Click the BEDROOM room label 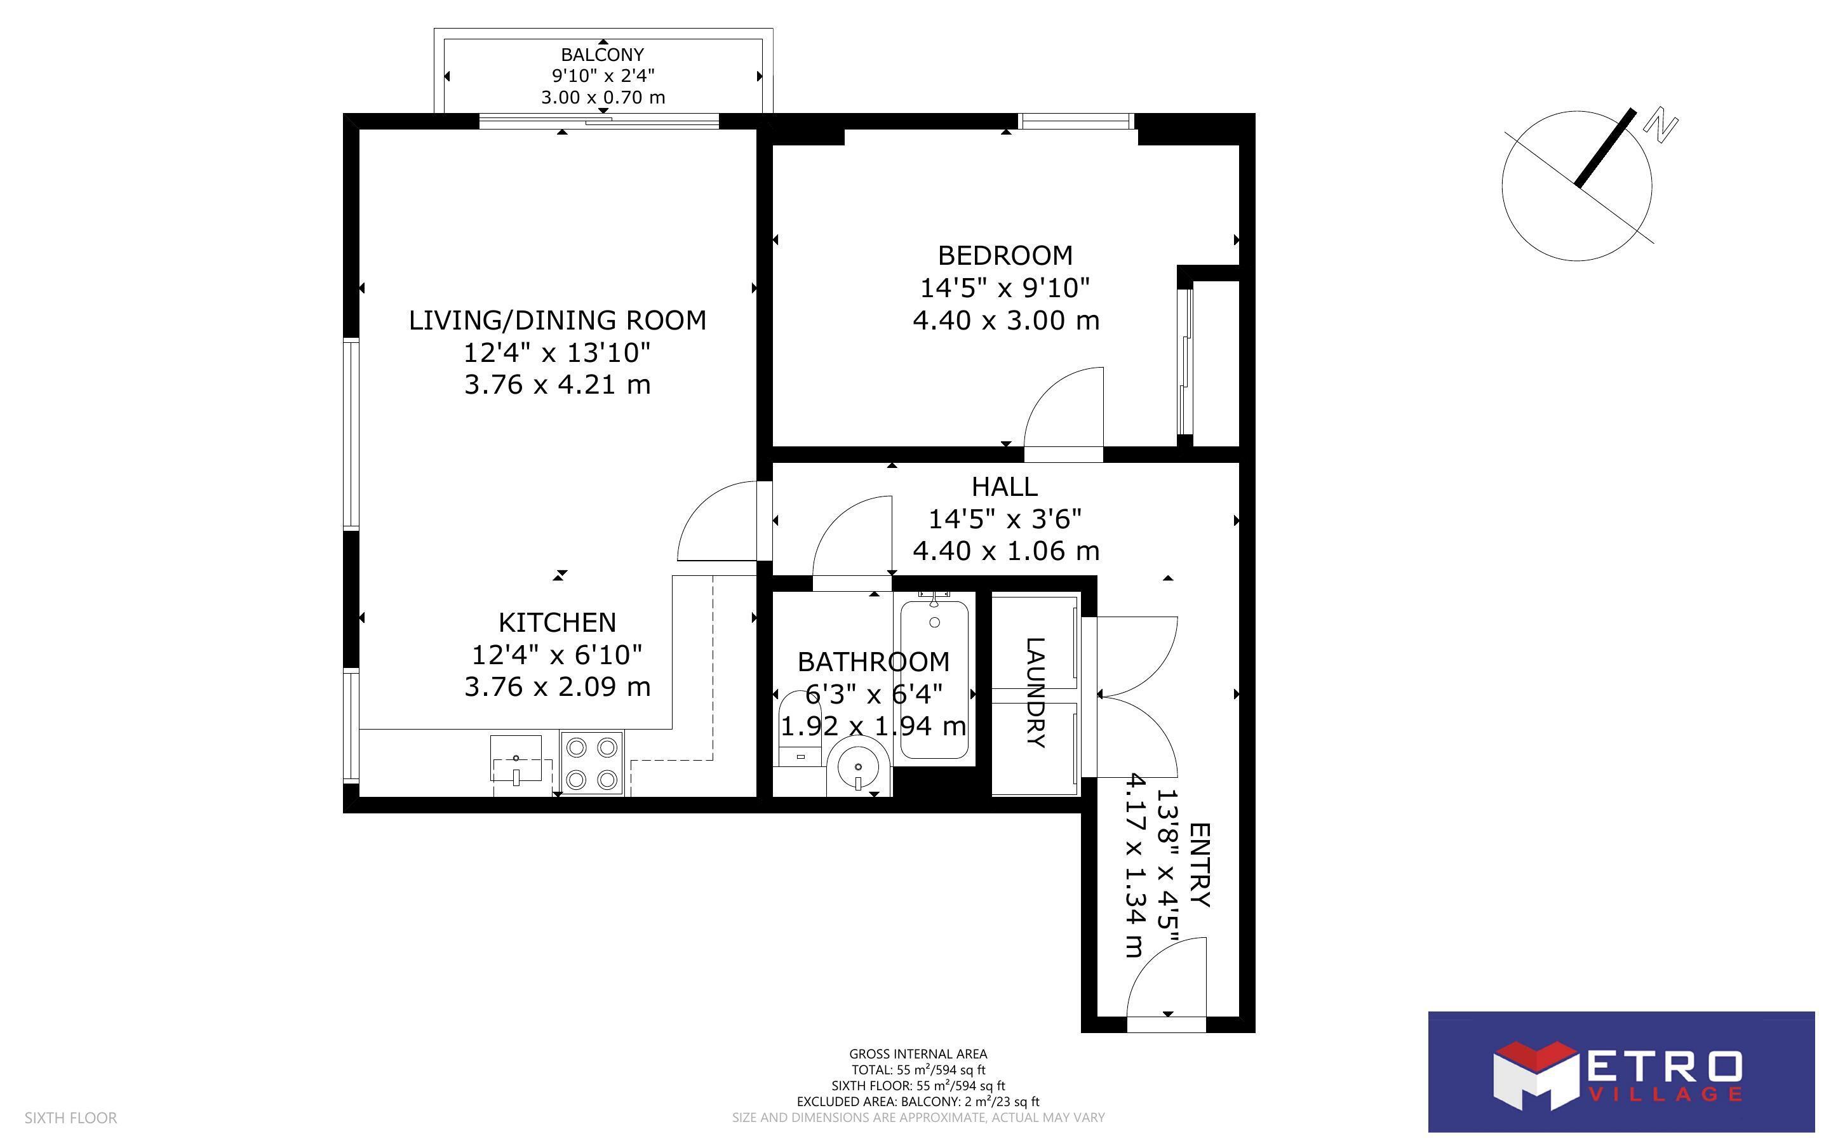1005,255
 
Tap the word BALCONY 602,55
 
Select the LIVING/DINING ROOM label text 557,321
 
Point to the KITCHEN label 557,623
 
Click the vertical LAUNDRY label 1035,693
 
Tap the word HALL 1004,486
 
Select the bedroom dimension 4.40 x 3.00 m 1005,321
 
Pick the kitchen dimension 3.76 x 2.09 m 557,687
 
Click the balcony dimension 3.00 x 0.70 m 603,97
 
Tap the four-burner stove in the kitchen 592,763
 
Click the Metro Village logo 1621,1071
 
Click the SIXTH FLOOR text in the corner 70,1118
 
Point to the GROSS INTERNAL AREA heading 918,1054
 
